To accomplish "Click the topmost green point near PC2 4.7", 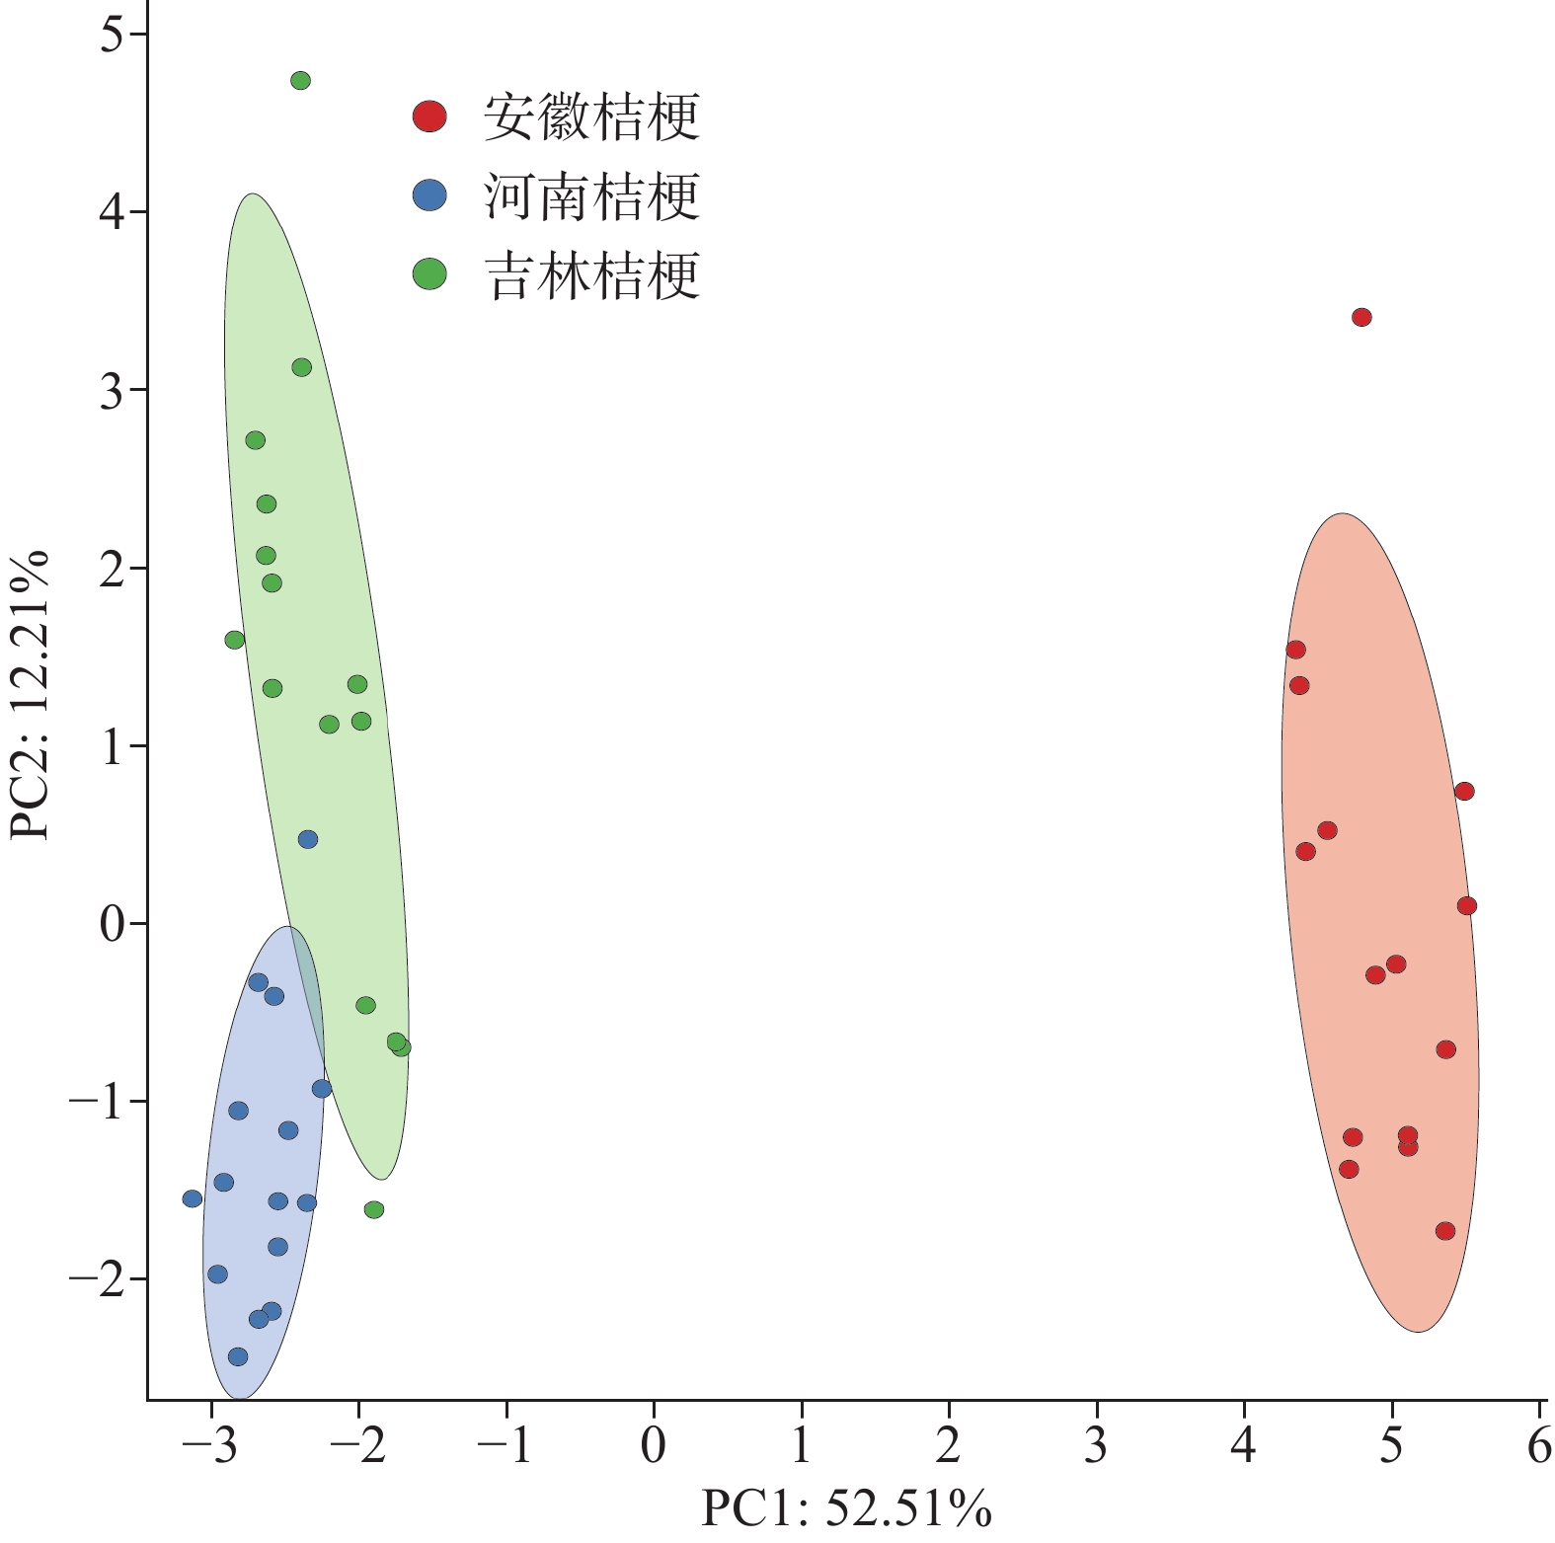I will [x=301, y=81].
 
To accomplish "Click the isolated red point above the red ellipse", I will [x=1361, y=317].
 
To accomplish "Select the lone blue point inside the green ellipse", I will [x=308, y=839].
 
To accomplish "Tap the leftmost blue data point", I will [x=193, y=1198].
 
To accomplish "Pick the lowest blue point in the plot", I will [x=238, y=1356].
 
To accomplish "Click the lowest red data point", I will [x=1445, y=1231].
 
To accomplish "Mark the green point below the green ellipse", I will [x=374, y=1209].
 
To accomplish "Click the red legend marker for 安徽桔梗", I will [x=429, y=116].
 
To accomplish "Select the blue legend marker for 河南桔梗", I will [x=429, y=195].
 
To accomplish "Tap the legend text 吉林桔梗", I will [x=592, y=275].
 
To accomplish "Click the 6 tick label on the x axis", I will [x=1538, y=1446].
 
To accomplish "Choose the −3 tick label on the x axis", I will [x=210, y=1446].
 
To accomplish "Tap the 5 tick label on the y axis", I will [x=113, y=35].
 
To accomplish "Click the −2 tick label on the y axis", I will [x=95, y=1279].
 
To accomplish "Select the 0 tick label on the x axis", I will [x=654, y=1446].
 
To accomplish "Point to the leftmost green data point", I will [x=235, y=640].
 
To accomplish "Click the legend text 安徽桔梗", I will [x=592, y=117].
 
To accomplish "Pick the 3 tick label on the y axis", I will [x=113, y=390].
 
